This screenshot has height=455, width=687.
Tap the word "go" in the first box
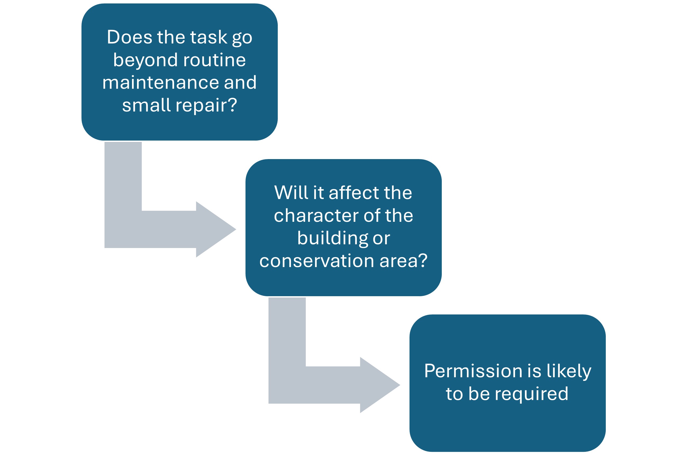[x=242, y=39]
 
